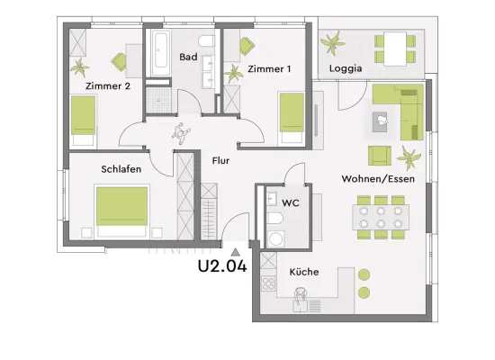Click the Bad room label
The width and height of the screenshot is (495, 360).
[188, 57]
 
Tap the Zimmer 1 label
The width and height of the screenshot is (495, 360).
[269, 68]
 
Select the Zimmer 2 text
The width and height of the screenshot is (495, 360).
[108, 85]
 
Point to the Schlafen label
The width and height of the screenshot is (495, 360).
[121, 169]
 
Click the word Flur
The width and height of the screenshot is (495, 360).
[220, 161]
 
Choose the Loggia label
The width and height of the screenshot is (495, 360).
[346, 68]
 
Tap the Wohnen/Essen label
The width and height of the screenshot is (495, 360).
[378, 179]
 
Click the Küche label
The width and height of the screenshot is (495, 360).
[303, 272]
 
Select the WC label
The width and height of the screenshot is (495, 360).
[291, 202]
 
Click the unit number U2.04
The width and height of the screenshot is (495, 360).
[222, 265]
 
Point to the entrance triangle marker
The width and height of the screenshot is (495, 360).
[235, 252]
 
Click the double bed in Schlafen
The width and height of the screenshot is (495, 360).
[121, 211]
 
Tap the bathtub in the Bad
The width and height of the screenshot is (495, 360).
[160, 52]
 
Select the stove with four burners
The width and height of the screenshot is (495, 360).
[268, 283]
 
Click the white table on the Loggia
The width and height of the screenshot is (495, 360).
[395, 49]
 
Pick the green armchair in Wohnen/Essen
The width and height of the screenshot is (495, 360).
[380, 156]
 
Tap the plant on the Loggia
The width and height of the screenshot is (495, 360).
[332, 43]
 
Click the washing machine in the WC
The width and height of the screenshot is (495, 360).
[275, 239]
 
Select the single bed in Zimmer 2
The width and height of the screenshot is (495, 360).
[83, 121]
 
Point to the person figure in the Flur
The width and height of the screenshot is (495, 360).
[181, 133]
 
